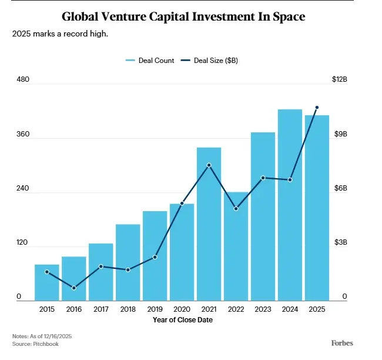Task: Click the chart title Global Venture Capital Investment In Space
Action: pos(183,16)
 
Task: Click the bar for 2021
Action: pos(209,224)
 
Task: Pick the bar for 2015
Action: pos(47,282)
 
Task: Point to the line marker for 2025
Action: pos(317,108)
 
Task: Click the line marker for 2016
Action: pos(74,288)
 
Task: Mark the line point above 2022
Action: pos(236,209)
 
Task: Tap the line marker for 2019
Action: pos(155,257)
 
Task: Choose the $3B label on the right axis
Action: pos(341,242)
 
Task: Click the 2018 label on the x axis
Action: pos(128,309)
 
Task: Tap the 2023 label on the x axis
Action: pos(263,309)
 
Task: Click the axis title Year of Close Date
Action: pos(183,320)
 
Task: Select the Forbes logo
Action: pos(342,343)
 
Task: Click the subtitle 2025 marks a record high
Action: pos(60,34)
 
